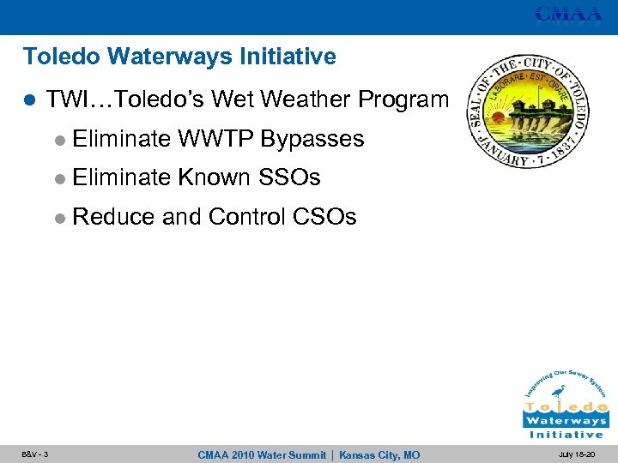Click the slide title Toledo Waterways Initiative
point(179,57)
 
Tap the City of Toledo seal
point(528,110)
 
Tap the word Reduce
point(114,217)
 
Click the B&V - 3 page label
point(35,454)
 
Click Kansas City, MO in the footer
point(379,455)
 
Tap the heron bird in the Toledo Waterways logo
point(558,395)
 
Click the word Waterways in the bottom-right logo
point(566,421)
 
